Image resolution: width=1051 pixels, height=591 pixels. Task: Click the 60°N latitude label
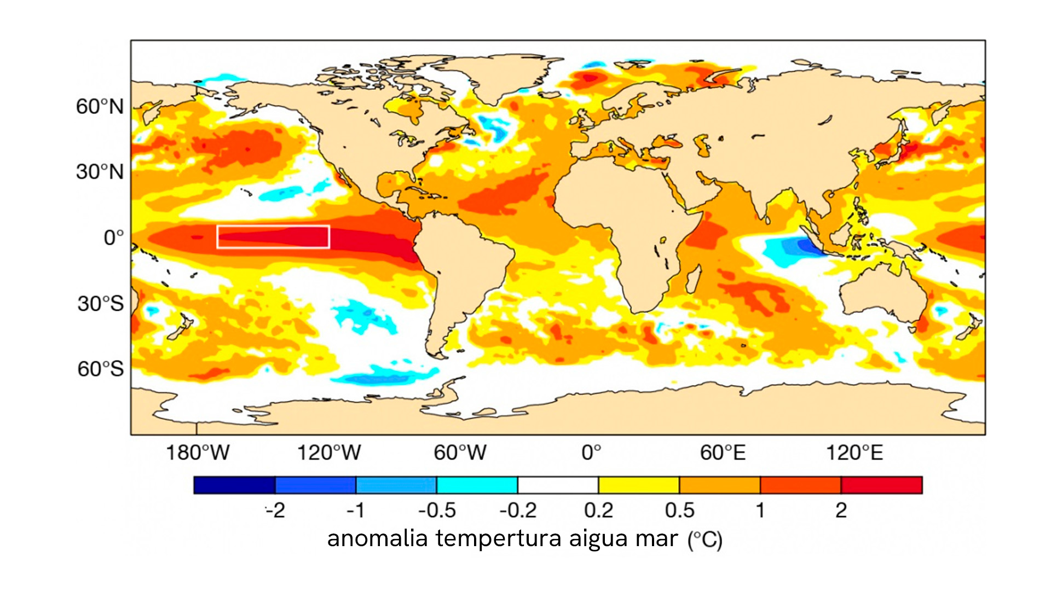(100, 106)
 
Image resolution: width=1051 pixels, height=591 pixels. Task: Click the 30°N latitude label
(100, 172)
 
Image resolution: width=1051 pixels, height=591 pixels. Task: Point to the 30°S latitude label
(101, 304)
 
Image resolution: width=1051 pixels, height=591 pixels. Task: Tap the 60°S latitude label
(101, 369)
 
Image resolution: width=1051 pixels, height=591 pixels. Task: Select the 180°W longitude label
(198, 453)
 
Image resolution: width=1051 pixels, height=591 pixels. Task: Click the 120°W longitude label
(329, 453)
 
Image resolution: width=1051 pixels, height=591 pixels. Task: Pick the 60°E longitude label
(723, 453)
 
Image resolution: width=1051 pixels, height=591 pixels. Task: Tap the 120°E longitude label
(854, 453)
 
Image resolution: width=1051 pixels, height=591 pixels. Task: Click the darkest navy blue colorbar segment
(234, 485)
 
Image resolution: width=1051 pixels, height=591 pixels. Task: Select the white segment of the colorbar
(558, 485)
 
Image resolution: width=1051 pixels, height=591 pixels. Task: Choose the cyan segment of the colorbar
(477, 485)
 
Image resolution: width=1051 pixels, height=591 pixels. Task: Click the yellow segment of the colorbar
(639, 485)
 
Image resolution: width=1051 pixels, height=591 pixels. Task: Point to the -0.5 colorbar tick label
(437, 511)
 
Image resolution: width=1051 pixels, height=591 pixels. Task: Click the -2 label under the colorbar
(276, 511)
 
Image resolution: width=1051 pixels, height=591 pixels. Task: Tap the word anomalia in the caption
(377, 538)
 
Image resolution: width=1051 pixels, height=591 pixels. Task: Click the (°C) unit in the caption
(705, 540)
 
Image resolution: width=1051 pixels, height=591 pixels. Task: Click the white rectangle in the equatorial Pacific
(273, 226)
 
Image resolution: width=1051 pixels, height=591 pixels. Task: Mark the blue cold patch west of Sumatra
(793, 251)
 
